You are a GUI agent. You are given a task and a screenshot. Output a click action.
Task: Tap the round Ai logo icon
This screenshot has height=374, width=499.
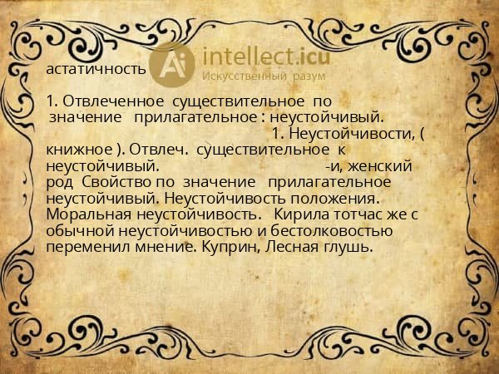pyautogui.click(x=174, y=63)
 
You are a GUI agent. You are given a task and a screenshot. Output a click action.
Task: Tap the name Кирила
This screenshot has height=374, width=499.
pyautogui.click(x=284, y=214)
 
